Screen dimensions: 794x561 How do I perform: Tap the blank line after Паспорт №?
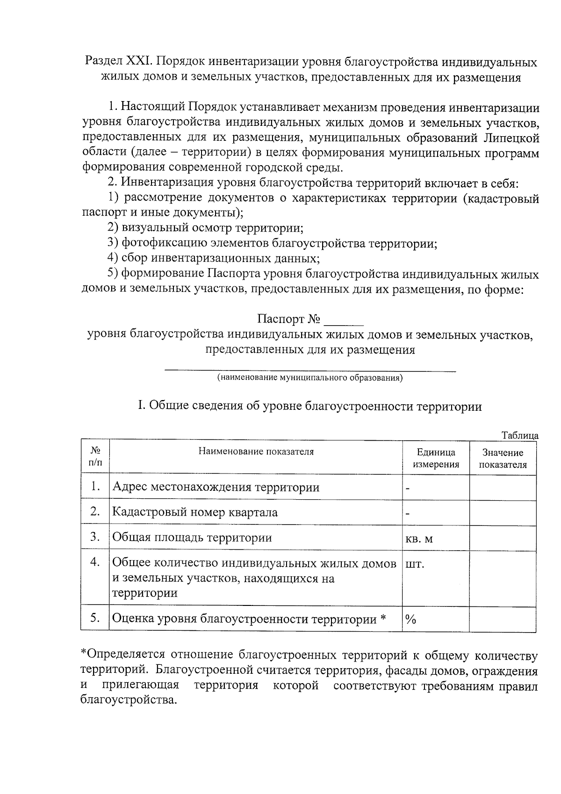[344, 321]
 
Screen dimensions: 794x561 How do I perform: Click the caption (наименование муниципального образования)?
[310, 378]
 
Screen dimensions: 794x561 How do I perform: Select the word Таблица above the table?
[520, 435]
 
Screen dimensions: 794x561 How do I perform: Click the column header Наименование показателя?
[256, 452]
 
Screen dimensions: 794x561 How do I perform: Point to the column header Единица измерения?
[436, 458]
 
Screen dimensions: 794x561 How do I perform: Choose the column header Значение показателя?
[503, 459]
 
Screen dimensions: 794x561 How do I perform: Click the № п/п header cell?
[95, 456]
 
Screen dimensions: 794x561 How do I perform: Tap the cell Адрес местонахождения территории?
[216, 488]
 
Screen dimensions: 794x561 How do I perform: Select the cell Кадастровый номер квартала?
[194, 512]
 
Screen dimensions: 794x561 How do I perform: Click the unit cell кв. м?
[419, 539]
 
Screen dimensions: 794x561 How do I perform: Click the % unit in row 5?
[411, 620]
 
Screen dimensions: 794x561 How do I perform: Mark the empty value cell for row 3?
[503, 538]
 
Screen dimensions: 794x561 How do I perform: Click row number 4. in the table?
[95, 562]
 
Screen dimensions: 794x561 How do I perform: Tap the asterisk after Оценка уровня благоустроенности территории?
[383, 619]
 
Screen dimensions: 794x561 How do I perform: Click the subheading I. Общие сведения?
[309, 406]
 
